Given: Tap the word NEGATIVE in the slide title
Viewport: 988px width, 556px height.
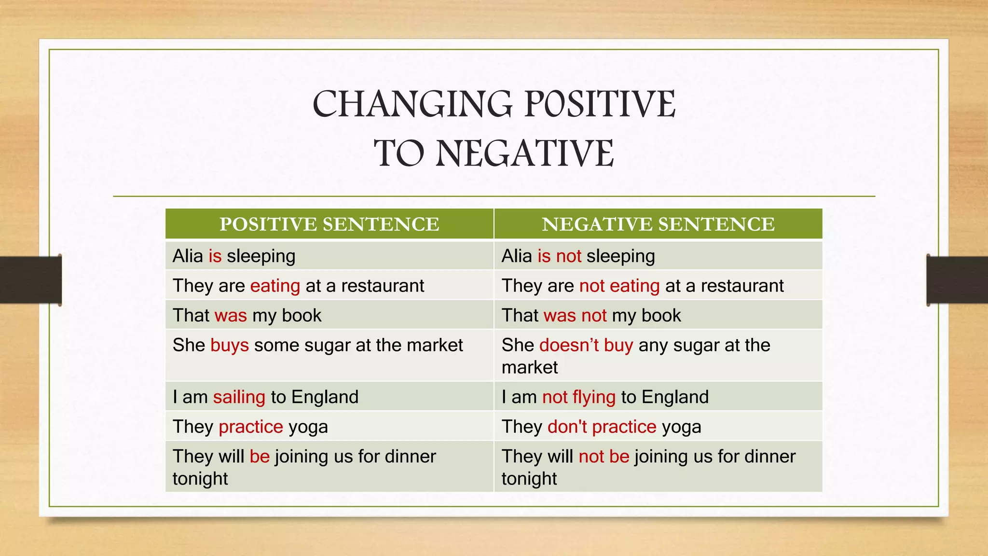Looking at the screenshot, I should [525, 153].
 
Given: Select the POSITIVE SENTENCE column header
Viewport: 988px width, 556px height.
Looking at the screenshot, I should [329, 224].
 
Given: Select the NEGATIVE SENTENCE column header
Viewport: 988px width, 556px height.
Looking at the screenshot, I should [658, 224].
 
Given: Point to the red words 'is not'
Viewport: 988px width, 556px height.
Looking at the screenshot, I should [559, 256].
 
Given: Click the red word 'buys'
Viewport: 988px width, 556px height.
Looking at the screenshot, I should [230, 346].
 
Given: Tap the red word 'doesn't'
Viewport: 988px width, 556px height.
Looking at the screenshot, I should [569, 346].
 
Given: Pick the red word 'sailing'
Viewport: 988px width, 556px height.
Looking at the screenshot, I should [239, 397].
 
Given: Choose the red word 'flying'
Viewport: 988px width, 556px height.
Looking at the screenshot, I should [594, 397].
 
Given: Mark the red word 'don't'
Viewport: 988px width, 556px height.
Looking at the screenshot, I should [567, 427].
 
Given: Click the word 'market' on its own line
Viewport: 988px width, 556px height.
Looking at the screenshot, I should [530, 368].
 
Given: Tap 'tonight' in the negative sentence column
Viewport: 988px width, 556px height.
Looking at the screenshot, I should [529, 479].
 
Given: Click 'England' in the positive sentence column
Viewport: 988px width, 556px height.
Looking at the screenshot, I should [325, 397].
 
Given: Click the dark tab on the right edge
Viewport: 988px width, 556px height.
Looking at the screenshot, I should [957, 280].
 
